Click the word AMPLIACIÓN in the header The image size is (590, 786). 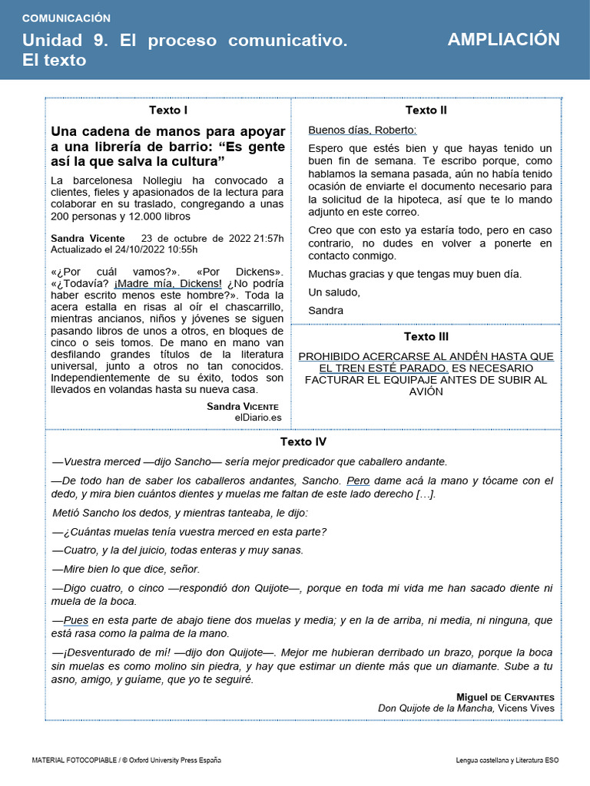click(x=503, y=40)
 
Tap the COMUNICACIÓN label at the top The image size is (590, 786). click(x=66, y=18)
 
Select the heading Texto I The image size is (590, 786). click(x=168, y=110)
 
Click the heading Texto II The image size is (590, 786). click(x=426, y=110)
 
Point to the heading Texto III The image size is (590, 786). click(x=426, y=336)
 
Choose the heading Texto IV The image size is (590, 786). click(x=303, y=441)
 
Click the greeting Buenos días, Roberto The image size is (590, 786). click(x=362, y=130)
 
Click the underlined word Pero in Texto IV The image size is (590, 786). click(x=358, y=481)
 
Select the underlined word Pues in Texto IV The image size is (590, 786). click(x=76, y=620)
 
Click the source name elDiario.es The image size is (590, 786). click(x=258, y=417)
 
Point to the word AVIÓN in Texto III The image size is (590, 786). click(x=426, y=391)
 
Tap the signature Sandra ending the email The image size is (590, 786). click(x=326, y=310)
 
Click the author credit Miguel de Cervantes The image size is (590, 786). click(x=505, y=696)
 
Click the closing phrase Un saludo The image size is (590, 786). click(x=333, y=292)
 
